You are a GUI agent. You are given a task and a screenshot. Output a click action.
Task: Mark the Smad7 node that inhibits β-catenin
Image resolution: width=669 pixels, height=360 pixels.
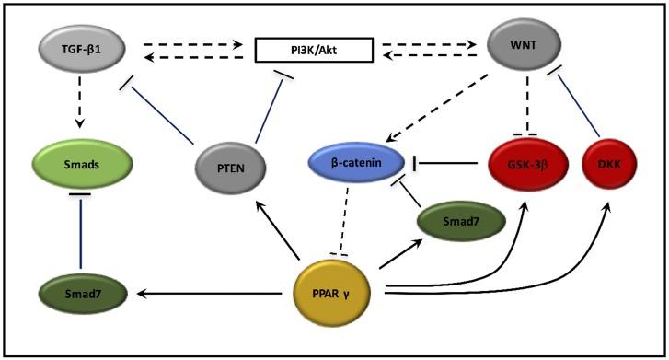click(x=461, y=220)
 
